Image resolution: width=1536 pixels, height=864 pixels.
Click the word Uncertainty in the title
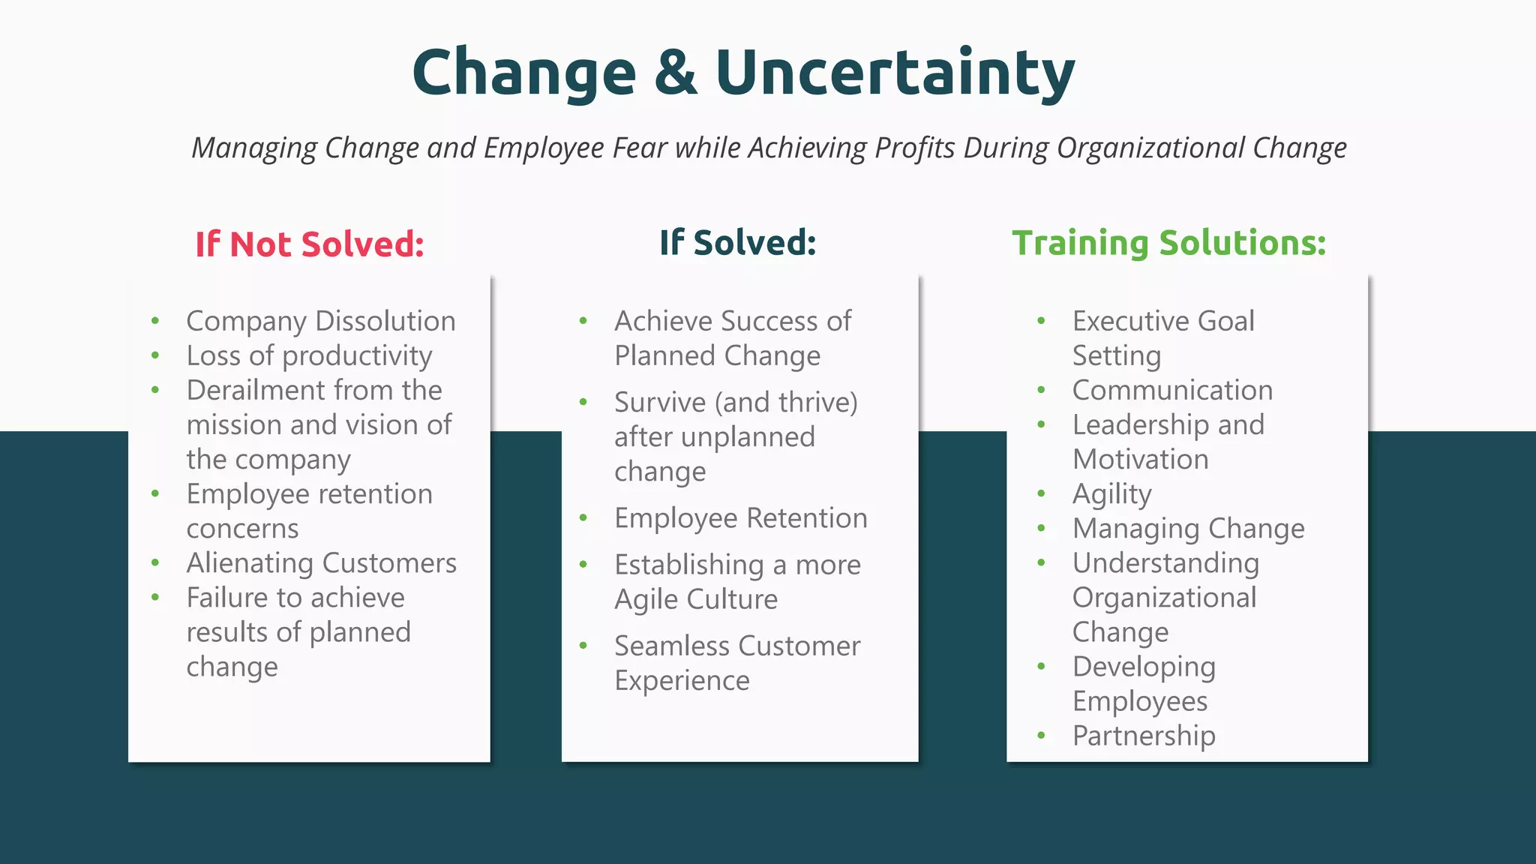click(x=895, y=72)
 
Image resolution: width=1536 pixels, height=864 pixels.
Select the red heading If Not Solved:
click(x=310, y=244)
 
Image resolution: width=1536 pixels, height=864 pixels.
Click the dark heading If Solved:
click(x=737, y=243)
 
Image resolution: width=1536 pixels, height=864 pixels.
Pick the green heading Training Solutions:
click(x=1168, y=243)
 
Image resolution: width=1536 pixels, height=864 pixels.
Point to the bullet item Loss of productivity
click(x=309, y=355)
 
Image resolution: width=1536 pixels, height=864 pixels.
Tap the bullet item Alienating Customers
click(x=321, y=563)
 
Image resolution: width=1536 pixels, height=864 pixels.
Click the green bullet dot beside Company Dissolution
click(x=155, y=322)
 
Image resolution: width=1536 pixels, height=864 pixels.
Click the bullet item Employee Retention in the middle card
click(x=740, y=518)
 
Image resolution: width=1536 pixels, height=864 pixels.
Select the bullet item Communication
click(x=1172, y=390)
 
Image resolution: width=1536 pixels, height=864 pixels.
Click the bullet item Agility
click(x=1111, y=494)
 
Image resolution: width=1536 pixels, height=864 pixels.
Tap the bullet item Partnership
click(x=1144, y=736)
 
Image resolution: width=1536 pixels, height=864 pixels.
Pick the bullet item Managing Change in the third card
click(x=1188, y=529)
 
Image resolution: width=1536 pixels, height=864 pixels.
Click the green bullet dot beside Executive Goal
click(x=1041, y=322)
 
